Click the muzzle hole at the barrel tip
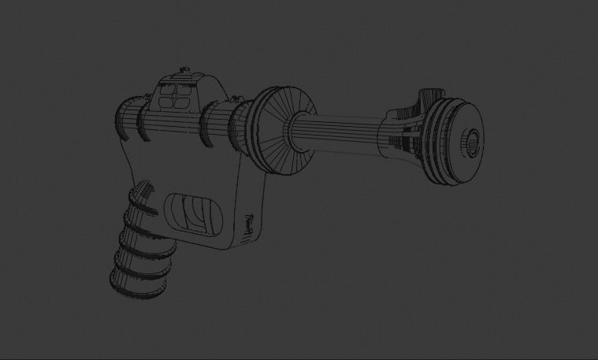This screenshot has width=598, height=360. coord(472,143)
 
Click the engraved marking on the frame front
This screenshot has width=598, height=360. coord(248,225)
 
